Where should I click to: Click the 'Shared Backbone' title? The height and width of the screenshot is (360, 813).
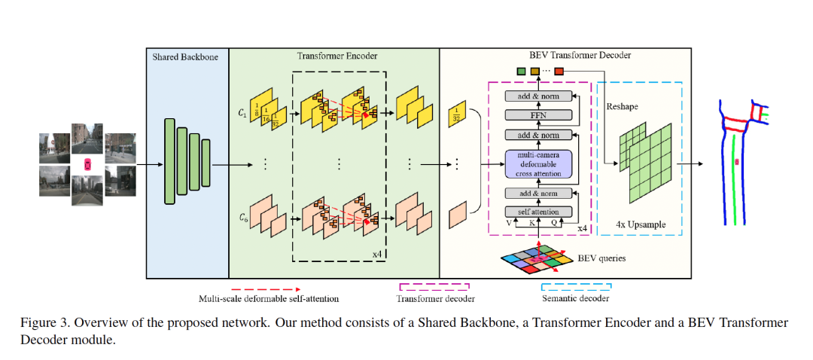click(185, 56)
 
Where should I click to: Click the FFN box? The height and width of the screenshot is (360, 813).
click(538, 115)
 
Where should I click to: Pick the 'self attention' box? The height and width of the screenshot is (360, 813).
click(538, 212)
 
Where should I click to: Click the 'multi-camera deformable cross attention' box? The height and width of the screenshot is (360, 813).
click(538, 163)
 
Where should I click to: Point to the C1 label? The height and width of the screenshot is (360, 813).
click(242, 113)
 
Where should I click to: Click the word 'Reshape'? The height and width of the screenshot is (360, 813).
click(623, 107)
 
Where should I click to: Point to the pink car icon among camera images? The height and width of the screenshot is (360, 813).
click(87, 163)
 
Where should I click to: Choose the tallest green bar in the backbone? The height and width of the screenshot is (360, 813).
click(169, 163)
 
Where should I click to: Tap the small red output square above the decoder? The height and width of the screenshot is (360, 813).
click(559, 72)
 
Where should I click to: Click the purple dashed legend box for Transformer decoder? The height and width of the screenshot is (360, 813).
click(434, 288)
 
